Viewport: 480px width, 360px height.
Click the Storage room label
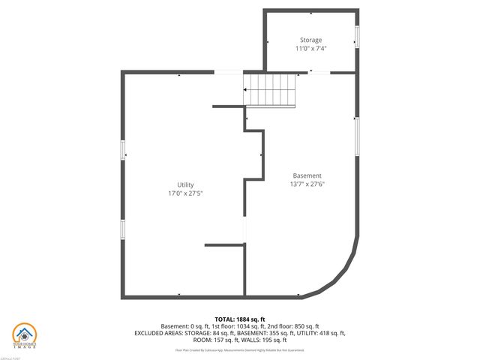pyautogui.click(x=311, y=40)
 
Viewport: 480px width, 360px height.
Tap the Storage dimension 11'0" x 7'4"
pyautogui.click(x=311, y=49)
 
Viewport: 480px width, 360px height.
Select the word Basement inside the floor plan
pyautogui.click(x=307, y=175)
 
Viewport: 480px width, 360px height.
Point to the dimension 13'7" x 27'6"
pyautogui.click(x=307, y=184)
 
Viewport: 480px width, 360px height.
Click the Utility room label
pyautogui.click(x=185, y=184)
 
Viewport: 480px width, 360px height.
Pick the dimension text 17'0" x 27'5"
pyautogui.click(x=185, y=193)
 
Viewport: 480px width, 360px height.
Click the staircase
pyautogui.click(x=271, y=89)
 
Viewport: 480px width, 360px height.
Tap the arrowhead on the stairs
pyautogui.click(x=246, y=89)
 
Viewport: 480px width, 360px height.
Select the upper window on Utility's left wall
pyautogui.click(x=123, y=150)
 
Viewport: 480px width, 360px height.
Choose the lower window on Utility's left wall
pyautogui.click(x=123, y=229)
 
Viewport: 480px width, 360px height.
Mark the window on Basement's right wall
pyautogui.click(x=357, y=131)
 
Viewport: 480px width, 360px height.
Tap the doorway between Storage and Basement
pyautogui.click(x=318, y=73)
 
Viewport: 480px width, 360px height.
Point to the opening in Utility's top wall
pyautogui.click(x=229, y=72)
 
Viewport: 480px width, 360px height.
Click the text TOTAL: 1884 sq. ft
pyautogui.click(x=239, y=319)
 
